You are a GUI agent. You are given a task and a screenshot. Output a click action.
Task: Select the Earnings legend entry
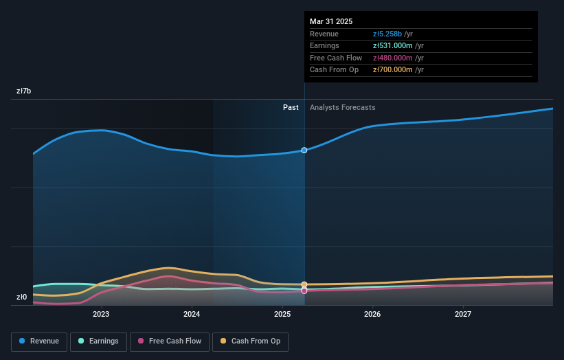98,341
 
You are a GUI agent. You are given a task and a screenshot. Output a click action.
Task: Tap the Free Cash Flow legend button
170,341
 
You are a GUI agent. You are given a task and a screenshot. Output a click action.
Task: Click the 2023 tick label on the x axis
101,315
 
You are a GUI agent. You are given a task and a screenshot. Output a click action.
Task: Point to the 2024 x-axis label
192,315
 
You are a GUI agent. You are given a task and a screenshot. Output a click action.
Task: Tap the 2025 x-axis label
282,315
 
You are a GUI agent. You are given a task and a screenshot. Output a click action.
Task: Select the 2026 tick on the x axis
372,315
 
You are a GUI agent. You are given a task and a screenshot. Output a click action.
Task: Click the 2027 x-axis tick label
463,315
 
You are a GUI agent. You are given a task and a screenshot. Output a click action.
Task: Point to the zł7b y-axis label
24,91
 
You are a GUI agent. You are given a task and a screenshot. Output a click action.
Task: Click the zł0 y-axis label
23,297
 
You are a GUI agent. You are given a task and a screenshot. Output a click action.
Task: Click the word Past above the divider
291,107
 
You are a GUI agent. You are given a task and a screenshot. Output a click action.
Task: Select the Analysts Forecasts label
342,107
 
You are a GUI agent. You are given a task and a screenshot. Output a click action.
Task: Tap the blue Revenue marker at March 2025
304,150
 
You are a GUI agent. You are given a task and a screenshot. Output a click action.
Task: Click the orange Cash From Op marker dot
304,284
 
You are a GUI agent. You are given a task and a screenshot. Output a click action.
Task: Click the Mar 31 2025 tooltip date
331,21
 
